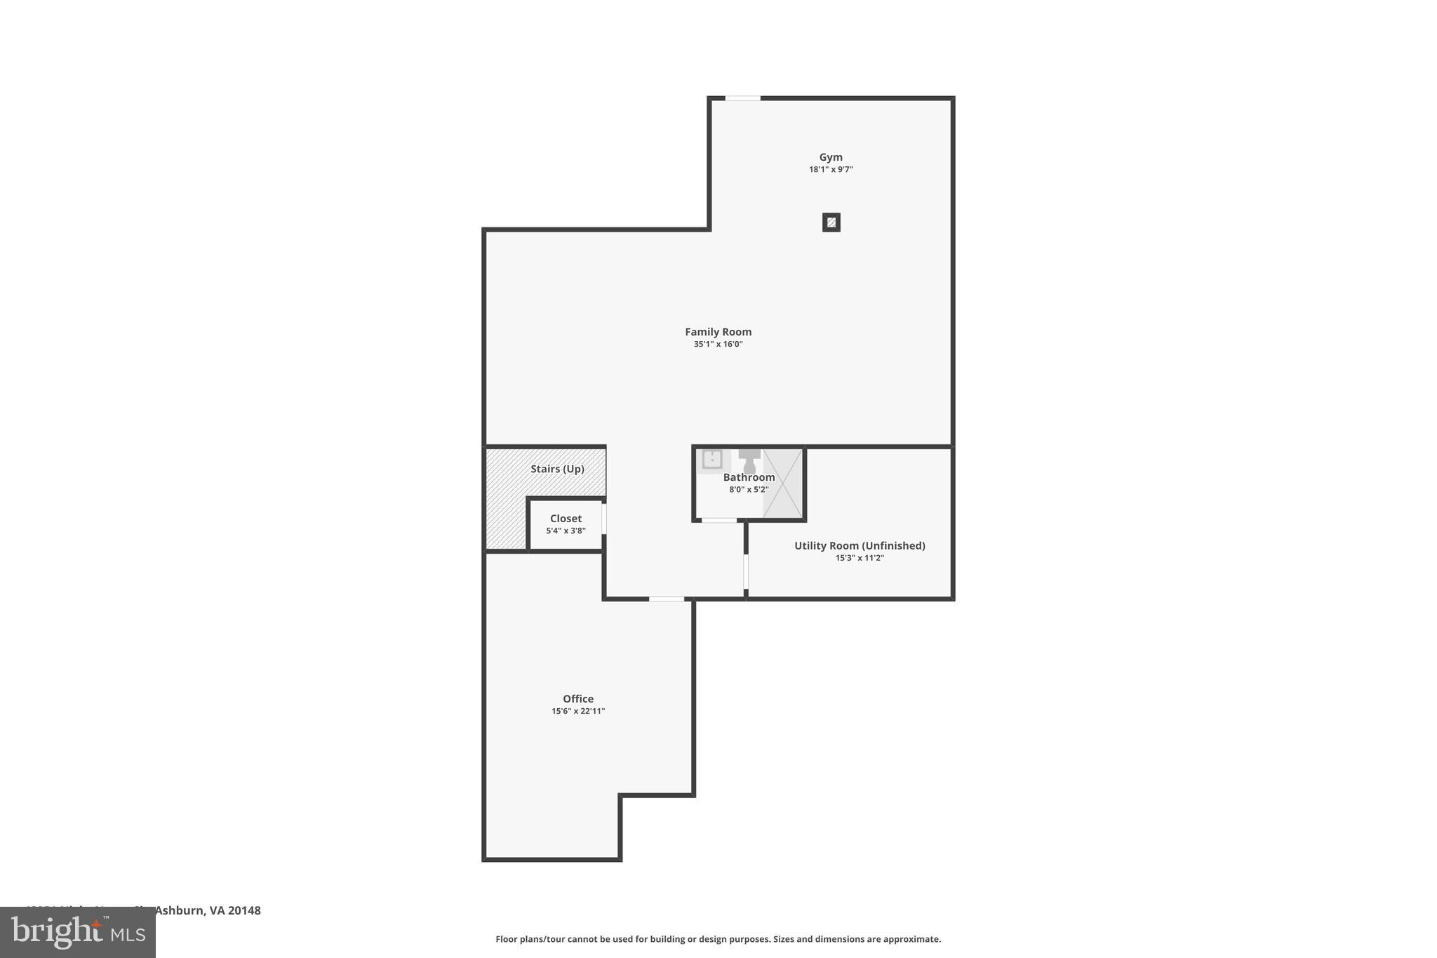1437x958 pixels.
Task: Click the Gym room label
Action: pyautogui.click(x=831, y=157)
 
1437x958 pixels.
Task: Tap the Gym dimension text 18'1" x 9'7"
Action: pyautogui.click(x=831, y=169)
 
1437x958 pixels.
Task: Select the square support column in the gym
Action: pyautogui.click(x=831, y=222)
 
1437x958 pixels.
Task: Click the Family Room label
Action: pyautogui.click(x=718, y=332)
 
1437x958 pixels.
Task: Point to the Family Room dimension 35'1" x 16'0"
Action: pyautogui.click(x=718, y=344)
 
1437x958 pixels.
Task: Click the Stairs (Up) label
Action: pyautogui.click(x=557, y=469)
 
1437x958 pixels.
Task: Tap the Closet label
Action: pyautogui.click(x=566, y=519)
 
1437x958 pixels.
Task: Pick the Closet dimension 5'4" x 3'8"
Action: pyautogui.click(x=566, y=531)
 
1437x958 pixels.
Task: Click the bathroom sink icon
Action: pyautogui.click(x=712, y=460)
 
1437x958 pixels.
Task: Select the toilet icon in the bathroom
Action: pyautogui.click(x=749, y=461)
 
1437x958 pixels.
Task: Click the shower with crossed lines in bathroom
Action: pyautogui.click(x=783, y=484)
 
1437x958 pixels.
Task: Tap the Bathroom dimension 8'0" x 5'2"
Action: pyautogui.click(x=749, y=490)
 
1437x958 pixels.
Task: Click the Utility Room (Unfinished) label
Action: pyautogui.click(x=860, y=545)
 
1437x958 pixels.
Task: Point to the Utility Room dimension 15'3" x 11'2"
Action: pyautogui.click(x=860, y=558)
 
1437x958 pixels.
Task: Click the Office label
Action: pyautogui.click(x=578, y=698)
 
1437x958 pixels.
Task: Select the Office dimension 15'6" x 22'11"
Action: pyautogui.click(x=578, y=711)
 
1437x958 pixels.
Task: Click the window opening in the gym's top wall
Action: pyautogui.click(x=742, y=98)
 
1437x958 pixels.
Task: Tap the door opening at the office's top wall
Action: pyautogui.click(x=667, y=599)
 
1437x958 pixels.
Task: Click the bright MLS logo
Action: pyautogui.click(x=78, y=932)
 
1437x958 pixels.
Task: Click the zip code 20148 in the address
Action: pyautogui.click(x=244, y=910)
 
